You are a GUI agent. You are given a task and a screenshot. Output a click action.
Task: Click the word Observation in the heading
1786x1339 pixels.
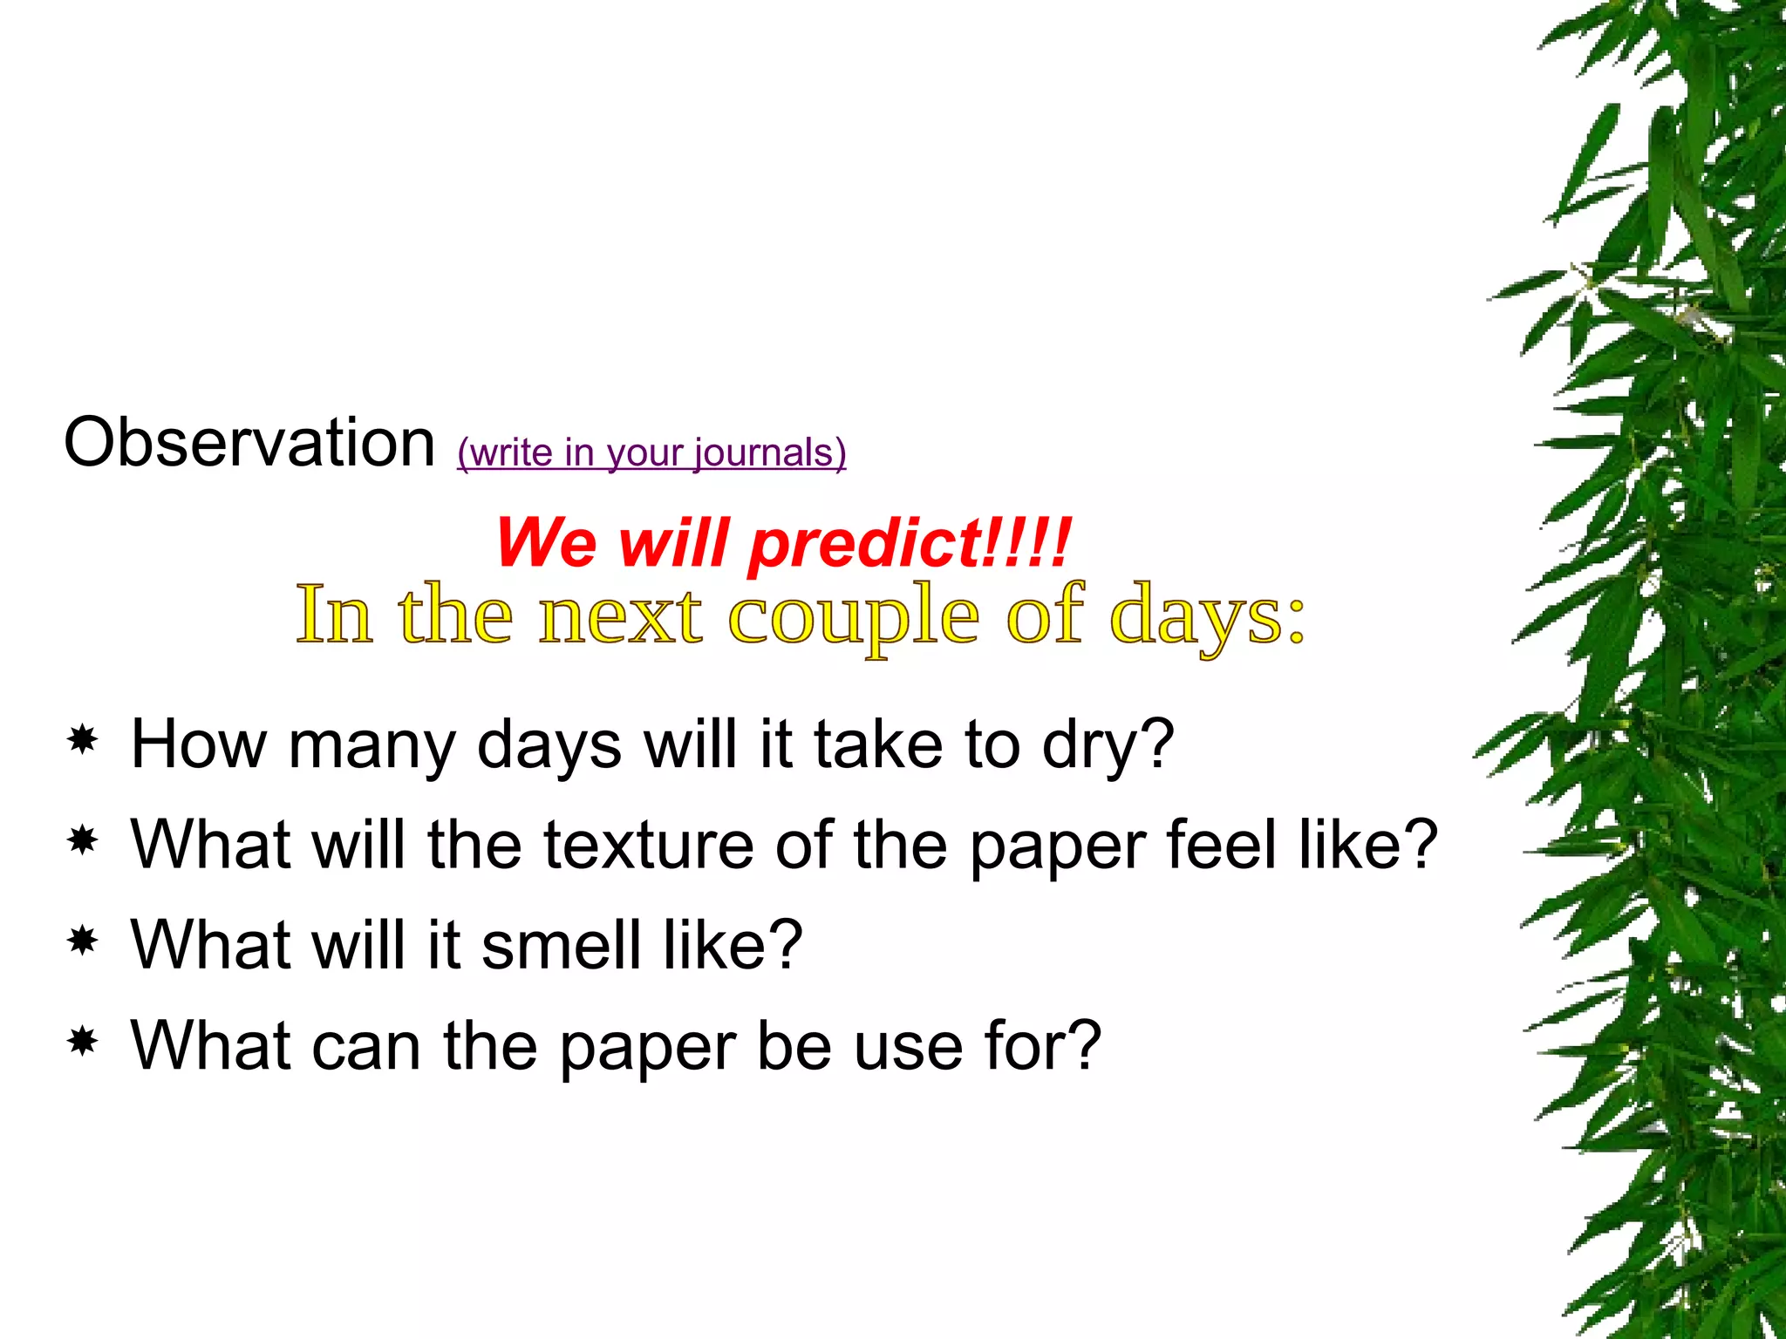(x=249, y=443)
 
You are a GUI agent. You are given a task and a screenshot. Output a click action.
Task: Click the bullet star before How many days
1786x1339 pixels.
(x=83, y=741)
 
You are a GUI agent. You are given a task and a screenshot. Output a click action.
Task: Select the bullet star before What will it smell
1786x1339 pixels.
(x=83, y=941)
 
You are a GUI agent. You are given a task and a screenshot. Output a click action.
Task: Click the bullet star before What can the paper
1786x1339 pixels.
(x=83, y=1042)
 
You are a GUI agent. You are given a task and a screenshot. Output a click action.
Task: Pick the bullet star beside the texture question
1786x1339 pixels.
(x=83, y=841)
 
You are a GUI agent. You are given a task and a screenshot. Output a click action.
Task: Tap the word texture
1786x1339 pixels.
(x=649, y=845)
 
